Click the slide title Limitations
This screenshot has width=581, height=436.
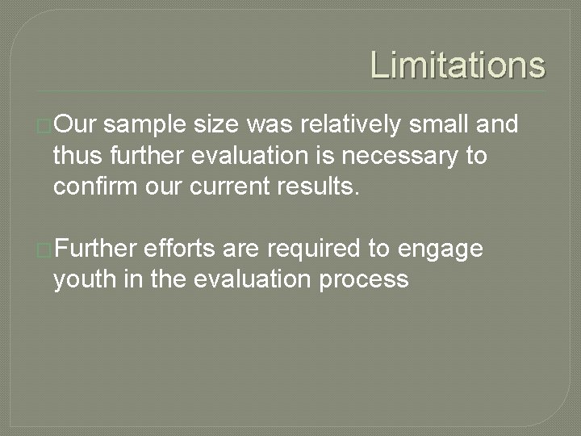(458, 65)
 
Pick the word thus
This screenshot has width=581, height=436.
(77, 155)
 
